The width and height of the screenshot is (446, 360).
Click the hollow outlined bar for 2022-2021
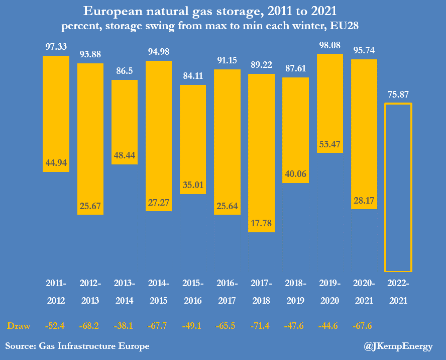pos(398,187)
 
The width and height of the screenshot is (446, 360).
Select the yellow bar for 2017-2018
pos(261,153)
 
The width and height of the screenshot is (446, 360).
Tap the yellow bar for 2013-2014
pos(125,122)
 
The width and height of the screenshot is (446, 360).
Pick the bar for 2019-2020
pos(330,103)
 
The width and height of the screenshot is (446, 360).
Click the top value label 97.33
pos(56,46)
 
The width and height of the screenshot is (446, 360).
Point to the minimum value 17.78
pos(261,223)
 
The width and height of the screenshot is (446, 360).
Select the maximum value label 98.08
pos(330,45)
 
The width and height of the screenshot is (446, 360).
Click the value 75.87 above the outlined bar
pos(398,94)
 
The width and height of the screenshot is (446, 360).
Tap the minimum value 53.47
pos(330,144)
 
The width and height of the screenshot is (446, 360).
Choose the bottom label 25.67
pos(90,206)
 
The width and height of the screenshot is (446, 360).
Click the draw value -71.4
pos(261,326)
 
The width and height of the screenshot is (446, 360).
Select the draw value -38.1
pos(125,326)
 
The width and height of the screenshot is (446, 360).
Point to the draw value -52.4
pos(56,326)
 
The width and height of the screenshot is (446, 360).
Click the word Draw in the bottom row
pos(19,326)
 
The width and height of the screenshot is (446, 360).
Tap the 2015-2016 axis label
pos(193,292)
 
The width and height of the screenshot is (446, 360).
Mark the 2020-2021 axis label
pos(364,292)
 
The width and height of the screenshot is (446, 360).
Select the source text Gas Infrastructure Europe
pos(94,346)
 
